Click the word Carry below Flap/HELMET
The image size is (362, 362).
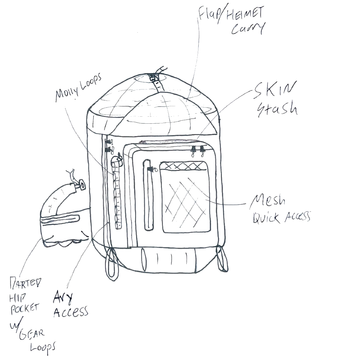(x=248, y=29)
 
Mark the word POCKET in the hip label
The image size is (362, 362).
(x=25, y=309)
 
